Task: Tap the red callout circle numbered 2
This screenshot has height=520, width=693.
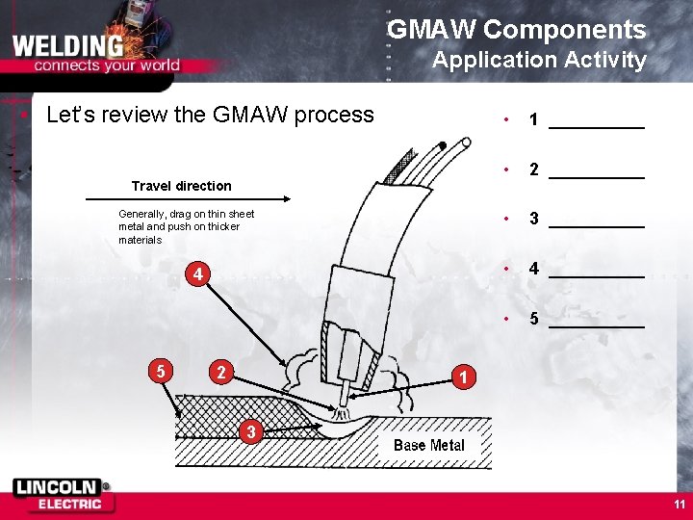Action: pyautogui.click(x=221, y=372)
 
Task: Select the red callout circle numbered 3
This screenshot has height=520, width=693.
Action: pyautogui.click(x=250, y=432)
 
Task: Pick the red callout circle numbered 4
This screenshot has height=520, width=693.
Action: pyautogui.click(x=196, y=275)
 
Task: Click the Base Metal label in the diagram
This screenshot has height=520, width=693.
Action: pyautogui.click(x=428, y=445)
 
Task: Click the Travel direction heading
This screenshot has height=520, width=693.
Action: pyautogui.click(x=181, y=186)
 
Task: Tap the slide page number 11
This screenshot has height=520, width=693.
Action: pyautogui.click(x=680, y=504)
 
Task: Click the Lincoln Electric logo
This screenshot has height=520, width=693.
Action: pyautogui.click(x=62, y=494)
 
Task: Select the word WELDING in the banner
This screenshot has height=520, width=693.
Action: pyautogui.click(x=68, y=45)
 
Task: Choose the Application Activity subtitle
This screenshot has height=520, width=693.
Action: pyautogui.click(x=539, y=60)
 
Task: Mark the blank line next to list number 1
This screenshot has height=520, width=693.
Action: pyautogui.click(x=596, y=126)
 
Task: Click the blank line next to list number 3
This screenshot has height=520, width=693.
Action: pyautogui.click(x=596, y=225)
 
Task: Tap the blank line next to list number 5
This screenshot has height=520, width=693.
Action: pyautogui.click(x=596, y=325)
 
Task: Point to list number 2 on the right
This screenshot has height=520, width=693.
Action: pyautogui.click(x=533, y=170)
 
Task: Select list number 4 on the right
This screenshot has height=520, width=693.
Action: pyautogui.click(x=533, y=270)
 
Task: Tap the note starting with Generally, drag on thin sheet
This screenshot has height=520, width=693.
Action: pyautogui.click(x=186, y=226)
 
